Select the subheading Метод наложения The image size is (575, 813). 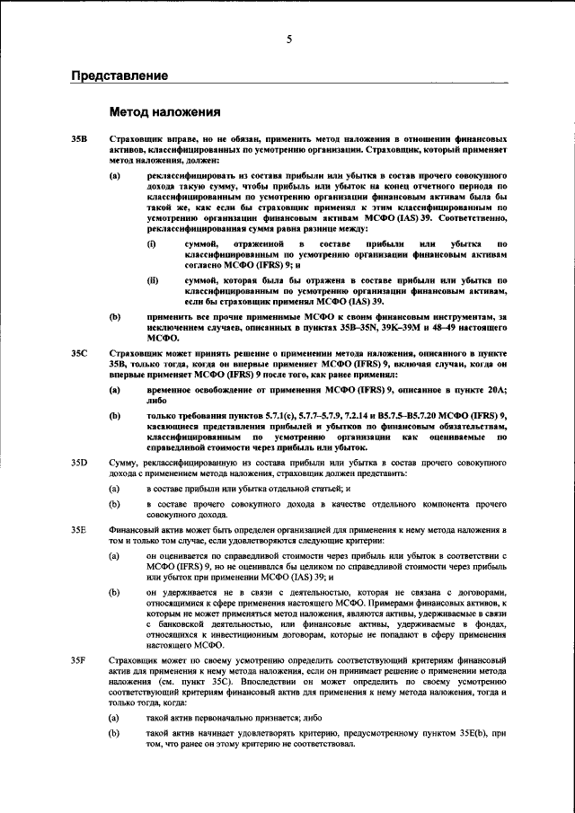[x=164, y=113]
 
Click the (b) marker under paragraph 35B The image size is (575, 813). [x=115, y=317]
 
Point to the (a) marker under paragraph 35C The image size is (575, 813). [x=115, y=390]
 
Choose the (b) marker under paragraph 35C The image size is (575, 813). [x=115, y=414]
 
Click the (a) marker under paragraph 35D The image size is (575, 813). [x=115, y=486]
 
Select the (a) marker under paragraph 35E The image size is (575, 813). [x=115, y=556]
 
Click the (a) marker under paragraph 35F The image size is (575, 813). [x=115, y=719]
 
